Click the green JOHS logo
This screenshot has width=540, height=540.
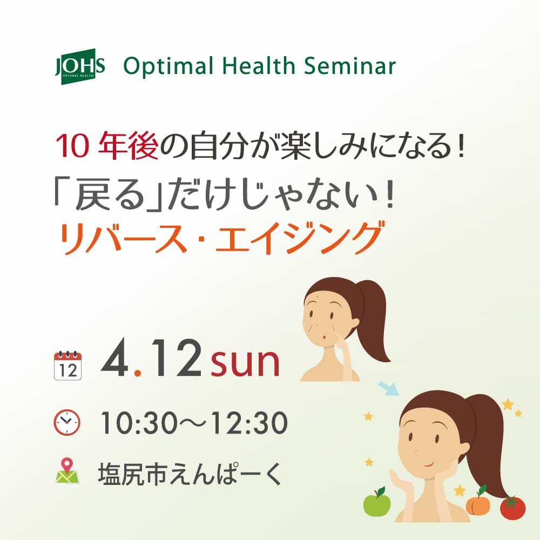(80, 66)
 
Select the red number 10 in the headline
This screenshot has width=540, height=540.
(72, 146)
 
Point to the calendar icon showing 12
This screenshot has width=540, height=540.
(68, 366)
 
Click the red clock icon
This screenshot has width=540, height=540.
(67, 423)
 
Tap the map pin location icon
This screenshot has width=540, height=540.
(67, 470)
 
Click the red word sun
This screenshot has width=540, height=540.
(245, 363)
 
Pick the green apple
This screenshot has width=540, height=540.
(377, 502)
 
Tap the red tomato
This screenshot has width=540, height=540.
(512, 508)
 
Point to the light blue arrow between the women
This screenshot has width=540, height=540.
(388, 388)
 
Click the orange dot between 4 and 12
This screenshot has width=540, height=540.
(138, 373)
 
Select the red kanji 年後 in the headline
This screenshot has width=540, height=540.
(128, 146)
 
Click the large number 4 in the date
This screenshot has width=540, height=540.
(115, 358)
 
